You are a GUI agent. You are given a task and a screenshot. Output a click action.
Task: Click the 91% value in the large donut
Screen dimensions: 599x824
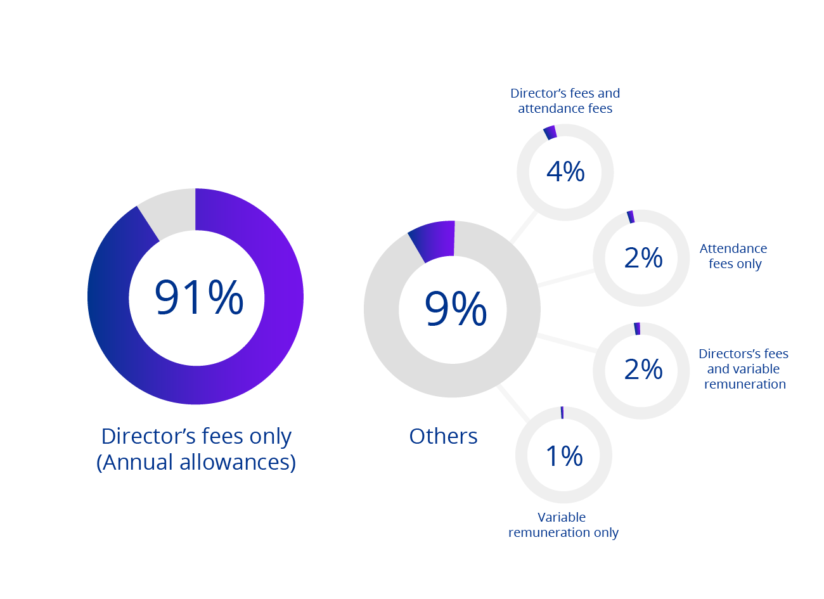199,297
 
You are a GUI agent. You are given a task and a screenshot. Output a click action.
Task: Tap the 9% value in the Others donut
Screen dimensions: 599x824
455,309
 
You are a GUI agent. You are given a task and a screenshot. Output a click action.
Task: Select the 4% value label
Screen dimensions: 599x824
565,172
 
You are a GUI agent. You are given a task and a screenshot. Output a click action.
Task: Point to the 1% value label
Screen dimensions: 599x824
564,456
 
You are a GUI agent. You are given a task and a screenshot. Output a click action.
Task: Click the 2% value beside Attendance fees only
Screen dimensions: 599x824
643,257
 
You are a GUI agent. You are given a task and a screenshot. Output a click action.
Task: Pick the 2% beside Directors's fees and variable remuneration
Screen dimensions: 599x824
643,370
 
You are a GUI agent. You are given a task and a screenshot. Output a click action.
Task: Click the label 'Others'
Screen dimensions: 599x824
443,436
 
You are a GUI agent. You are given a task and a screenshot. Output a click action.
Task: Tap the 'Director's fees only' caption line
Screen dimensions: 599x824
196,436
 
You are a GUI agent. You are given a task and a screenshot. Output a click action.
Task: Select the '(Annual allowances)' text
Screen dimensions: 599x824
196,462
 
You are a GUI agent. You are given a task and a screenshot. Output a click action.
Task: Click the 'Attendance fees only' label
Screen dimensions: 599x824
734,256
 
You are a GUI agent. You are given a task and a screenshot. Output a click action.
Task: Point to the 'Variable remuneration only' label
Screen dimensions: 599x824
563,525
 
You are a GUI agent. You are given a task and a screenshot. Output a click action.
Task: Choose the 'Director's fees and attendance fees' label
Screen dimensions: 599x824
565,101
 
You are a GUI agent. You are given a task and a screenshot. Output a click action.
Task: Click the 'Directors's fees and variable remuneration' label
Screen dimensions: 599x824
744,369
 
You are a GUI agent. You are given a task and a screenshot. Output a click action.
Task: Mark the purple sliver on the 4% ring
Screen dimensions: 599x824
550,132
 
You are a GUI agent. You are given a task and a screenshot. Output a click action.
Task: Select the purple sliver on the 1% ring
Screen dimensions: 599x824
562,413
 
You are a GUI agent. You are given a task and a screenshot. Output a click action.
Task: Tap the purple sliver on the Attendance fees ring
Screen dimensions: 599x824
631,217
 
